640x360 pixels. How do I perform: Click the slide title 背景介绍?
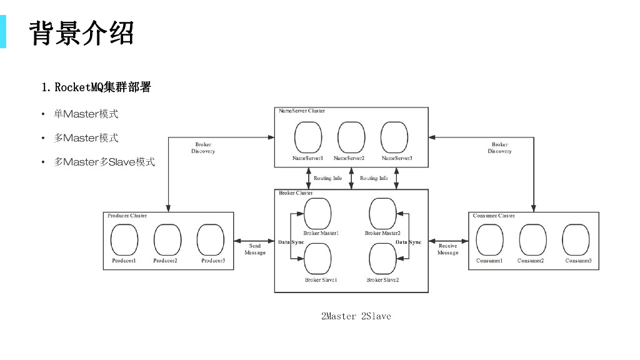click(81, 32)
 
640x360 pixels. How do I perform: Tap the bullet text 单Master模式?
click(86, 114)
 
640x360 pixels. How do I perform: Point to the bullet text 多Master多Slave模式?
click(104, 162)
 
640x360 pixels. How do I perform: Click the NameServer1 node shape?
click(308, 136)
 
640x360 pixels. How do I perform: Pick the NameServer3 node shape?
click(394, 136)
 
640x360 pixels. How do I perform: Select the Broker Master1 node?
click(317, 214)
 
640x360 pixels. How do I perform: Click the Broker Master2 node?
click(382, 214)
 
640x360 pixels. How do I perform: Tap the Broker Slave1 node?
click(317, 258)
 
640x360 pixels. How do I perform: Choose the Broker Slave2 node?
click(382, 258)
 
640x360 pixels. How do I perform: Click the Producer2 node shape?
click(167, 240)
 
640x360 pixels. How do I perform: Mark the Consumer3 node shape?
click(576, 240)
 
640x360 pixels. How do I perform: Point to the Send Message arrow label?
click(255, 249)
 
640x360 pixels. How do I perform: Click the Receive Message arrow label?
click(447, 249)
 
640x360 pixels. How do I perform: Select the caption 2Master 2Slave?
click(356, 316)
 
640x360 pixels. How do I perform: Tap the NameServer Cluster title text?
click(301, 111)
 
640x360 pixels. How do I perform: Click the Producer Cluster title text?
click(127, 216)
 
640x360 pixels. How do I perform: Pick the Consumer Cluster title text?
click(494, 216)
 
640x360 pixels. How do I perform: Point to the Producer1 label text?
click(124, 261)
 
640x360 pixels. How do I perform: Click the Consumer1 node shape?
click(489, 240)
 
